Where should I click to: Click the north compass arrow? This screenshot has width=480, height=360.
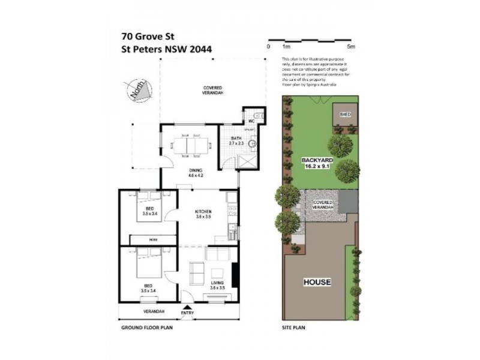(x=134, y=91)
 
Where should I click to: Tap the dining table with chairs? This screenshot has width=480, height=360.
(x=189, y=145)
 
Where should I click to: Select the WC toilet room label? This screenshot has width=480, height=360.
(x=251, y=121)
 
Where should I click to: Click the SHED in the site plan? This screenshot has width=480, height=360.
(x=345, y=114)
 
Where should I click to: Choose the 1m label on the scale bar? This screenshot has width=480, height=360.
(x=286, y=46)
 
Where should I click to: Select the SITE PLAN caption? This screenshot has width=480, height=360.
(x=294, y=329)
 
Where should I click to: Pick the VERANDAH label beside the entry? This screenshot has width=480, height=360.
(x=154, y=312)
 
